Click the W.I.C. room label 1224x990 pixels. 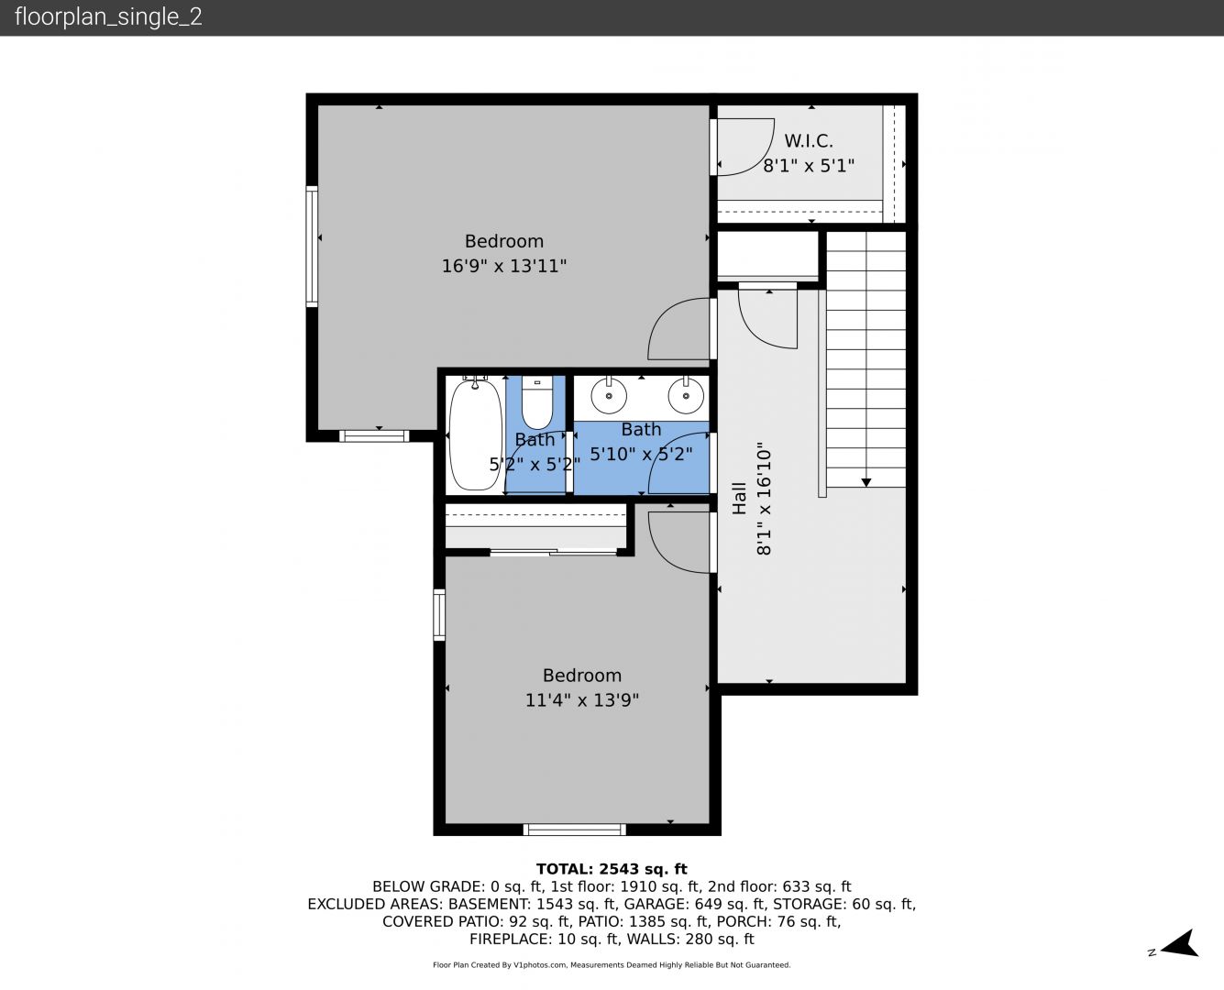(x=808, y=141)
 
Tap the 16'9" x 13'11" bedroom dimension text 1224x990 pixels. (x=504, y=266)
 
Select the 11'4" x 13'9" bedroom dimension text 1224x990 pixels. (x=582, y=700)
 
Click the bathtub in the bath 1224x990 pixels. (x=475, y=434)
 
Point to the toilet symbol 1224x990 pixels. (x=537, y=402)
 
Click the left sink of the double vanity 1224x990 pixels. (x=609, y=395)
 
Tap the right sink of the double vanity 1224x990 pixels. (x=686, y=395)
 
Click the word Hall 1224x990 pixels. (x=739, y=498)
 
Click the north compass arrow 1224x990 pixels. (x=1180, y=943)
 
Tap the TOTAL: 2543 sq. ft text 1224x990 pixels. (x=612, y=869)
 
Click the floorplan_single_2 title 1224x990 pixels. (x=108, y=16)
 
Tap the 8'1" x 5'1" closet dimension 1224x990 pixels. (x=809, y=166)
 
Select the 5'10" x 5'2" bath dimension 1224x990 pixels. (x=641, y=455)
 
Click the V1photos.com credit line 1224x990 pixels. (x=612, y=964)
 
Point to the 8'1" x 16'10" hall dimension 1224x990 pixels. (x=763, y=498)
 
